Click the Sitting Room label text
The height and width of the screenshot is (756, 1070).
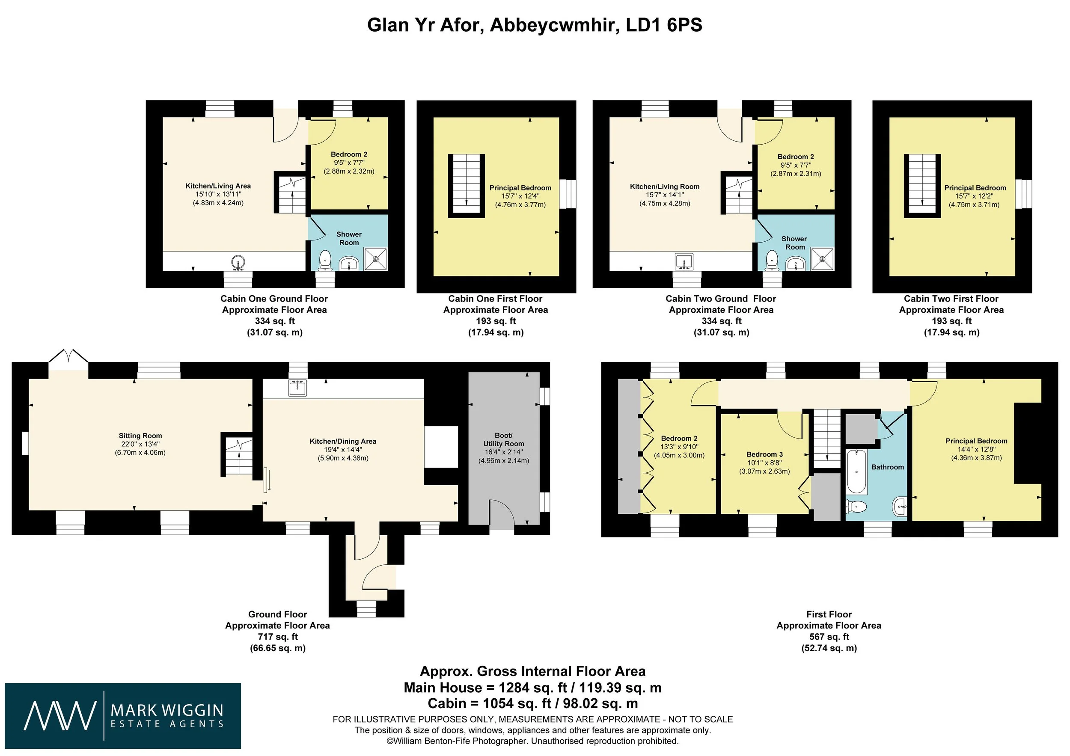click(x=140, y=436)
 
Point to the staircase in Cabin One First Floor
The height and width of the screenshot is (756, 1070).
click(x=467, y=186)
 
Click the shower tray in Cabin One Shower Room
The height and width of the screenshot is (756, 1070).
click(x=375, y=258)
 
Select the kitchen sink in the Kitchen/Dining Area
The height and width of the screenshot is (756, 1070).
click(x=297, y=388)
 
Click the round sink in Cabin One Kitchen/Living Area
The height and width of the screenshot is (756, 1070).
click(x=238, y=262)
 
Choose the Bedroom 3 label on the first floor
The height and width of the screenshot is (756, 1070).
click(x=765, y=454)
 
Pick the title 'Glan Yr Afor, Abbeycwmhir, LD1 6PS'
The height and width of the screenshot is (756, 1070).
click(x=535, y=25)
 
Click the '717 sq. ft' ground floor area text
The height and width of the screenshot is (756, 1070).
click(x=278, y=636)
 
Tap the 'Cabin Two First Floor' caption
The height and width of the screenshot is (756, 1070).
click(x=951, y=299)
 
